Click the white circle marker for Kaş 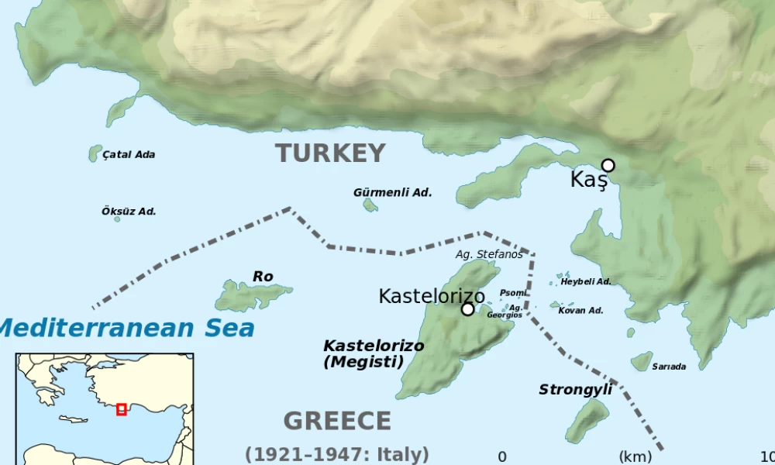(x=608, y=165)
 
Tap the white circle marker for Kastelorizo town (x=467, y=309)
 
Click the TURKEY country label (x=330, y=153)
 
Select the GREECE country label (x=337, y=421)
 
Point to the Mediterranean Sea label (x=126, y=328)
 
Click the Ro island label (x=263, y=277)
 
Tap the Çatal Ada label (x=129, y=154)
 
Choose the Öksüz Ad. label (x=129, y=211)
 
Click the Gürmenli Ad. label (x=392, y=192)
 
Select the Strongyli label (x=575, y=389)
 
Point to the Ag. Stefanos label (x=489, y=253)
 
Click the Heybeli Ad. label (x=585, y=281)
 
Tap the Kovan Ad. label (x=580, y=310)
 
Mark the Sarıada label (x=668, y=367)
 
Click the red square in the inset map (x=121, y=409)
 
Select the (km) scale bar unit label (x=635, y=456)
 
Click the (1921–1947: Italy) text (x=337, y=454)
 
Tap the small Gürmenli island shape (x=370, y=205)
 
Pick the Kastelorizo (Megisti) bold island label (x=373, y=353)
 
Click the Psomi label (x=512, y=293)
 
